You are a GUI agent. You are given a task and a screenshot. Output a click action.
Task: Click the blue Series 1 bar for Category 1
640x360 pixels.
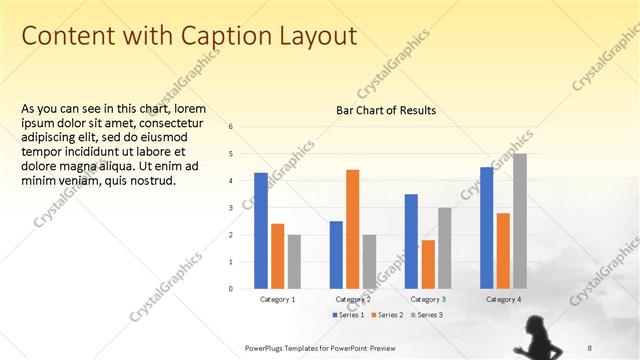pyautogui.click(x=260, y=230)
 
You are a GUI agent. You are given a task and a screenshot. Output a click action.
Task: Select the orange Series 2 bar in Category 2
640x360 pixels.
pyautogui.click(x=352, y=229)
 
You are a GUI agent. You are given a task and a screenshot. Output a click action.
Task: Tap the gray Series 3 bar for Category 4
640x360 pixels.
pyautogui.click(x=519, y=221)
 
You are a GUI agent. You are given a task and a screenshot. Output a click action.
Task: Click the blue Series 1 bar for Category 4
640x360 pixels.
pyautogui.click(x=487, y=228)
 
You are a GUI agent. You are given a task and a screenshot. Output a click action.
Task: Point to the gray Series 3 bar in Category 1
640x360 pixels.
pyautogui.click(x=293, y=261)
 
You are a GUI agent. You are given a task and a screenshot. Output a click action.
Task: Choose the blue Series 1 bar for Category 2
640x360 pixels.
pyautogui.click(x=336, y=254)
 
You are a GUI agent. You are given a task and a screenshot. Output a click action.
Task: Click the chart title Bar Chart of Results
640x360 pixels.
pyautogui.click(x=386, y=110)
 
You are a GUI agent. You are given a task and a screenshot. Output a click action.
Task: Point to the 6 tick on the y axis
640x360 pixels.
pyautogui.click(x=231, y=127)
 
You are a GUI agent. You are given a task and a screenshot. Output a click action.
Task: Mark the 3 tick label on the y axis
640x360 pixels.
pyautogui.click(x=231, y=208)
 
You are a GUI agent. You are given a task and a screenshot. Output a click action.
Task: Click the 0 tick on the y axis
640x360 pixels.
pyautogui.click(x=231, y=289)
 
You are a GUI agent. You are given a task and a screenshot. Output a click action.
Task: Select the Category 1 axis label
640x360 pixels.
pyautogui.click(x=277, y=299)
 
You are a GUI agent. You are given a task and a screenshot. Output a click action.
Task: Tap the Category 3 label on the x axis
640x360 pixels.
pyautogui.click(x=428, y=299)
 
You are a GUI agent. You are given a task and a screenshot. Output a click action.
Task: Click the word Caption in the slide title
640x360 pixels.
pyautogui.click(x=217, y=36)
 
